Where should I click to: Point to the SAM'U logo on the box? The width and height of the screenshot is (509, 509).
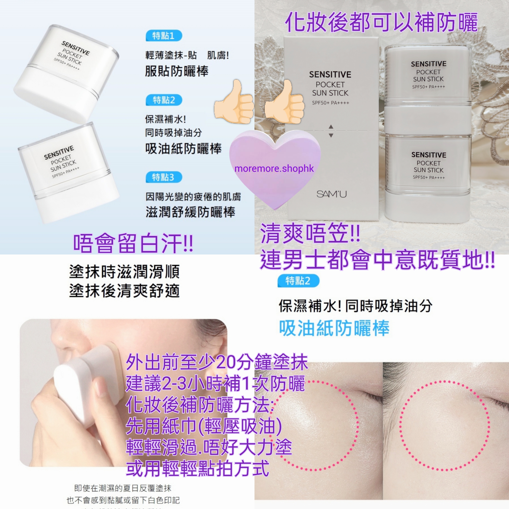click(331, 194)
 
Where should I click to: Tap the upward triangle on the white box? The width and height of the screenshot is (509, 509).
click(331, 127)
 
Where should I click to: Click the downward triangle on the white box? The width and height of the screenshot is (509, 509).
click(331, 135)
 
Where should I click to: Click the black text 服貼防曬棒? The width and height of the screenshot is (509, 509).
click(177, 71)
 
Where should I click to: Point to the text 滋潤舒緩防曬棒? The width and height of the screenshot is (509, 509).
click(190, 212)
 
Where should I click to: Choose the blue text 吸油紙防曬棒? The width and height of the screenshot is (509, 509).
click(334, 328)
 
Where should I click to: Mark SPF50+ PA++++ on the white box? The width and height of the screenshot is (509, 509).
click(330, 103)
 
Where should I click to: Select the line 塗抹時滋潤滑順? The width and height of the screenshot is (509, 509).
click(124, 272)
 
